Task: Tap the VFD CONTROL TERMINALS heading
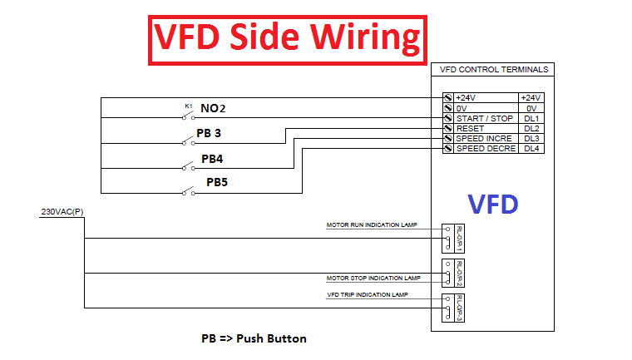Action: click(492, 70)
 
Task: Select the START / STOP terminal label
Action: click(484, 119)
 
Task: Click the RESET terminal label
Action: click(470, 129)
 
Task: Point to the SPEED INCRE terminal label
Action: click(484, 139)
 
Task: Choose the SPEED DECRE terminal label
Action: click(486, 149)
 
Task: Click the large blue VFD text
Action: click(492, 204)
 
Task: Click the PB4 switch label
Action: click(213, 157)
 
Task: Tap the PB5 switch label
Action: click(218, 181)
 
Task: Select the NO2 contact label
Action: click(213, 109)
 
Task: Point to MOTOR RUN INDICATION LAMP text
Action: click(371, 225)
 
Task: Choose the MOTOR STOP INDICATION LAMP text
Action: click(373, 278)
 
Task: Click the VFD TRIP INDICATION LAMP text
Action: click(367, 294)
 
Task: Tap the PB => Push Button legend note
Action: click(254, 338)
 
